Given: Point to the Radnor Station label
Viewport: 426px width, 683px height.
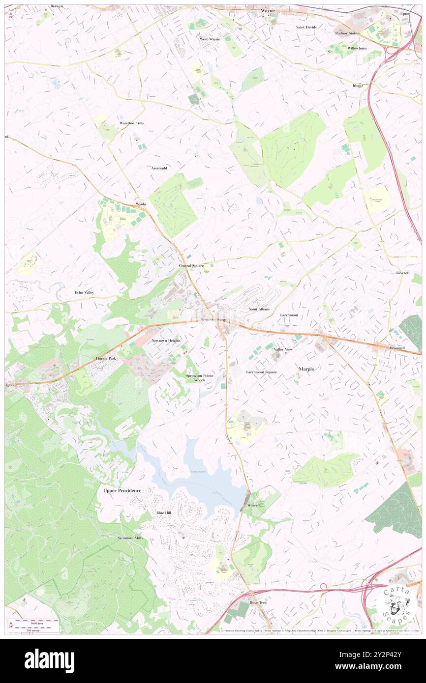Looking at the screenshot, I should click(x=348, y=33).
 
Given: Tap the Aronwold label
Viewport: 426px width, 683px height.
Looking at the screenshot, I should click(x=159, y=168).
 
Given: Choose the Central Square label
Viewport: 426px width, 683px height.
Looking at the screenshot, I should click(x=191, y=265).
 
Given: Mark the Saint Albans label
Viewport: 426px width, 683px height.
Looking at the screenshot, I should click(x=259, y=309).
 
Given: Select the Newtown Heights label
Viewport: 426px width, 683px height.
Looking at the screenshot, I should click(x=166, y=341).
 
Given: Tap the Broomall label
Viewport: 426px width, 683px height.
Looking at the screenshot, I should click(x=397, y=347).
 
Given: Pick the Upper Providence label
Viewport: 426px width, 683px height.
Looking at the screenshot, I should click(x=122, y=490).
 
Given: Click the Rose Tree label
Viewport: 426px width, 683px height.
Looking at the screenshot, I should click(x=258, y=602).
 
